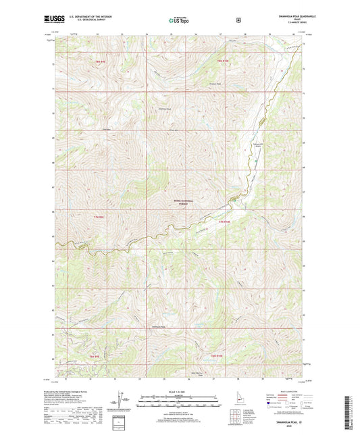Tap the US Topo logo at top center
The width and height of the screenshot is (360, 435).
(179, 21)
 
